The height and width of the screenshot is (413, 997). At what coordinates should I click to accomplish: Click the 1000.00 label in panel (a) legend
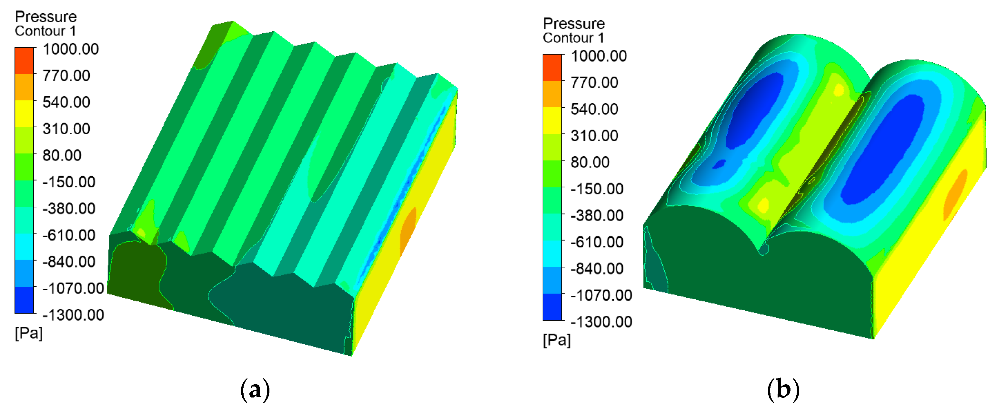[x=71, y=49]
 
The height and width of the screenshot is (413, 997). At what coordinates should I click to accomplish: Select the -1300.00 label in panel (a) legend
[x=73, y=315]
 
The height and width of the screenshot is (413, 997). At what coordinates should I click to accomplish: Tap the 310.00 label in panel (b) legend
[x=594, y=136]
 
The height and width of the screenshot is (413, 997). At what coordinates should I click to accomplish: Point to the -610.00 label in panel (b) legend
[x=597, y=242]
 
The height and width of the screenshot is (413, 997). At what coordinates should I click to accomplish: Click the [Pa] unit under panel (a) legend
[x=29, y=333]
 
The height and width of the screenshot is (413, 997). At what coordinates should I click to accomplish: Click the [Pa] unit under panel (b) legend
[x=557, y=340]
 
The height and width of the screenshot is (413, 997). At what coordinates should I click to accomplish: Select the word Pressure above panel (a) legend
[x=46, y=17]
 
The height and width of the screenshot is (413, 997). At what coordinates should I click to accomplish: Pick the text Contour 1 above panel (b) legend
[x=573, y=38]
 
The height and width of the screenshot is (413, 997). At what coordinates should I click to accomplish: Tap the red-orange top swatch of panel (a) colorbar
[x=24, y=60]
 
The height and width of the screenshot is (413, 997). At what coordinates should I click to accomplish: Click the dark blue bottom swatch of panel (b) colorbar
[x=552, y=307]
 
